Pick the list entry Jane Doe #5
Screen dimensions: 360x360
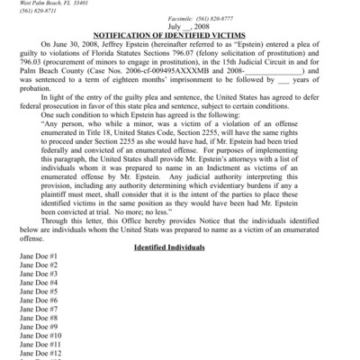tap(39, 292)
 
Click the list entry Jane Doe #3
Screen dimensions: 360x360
tap(39, 274)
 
